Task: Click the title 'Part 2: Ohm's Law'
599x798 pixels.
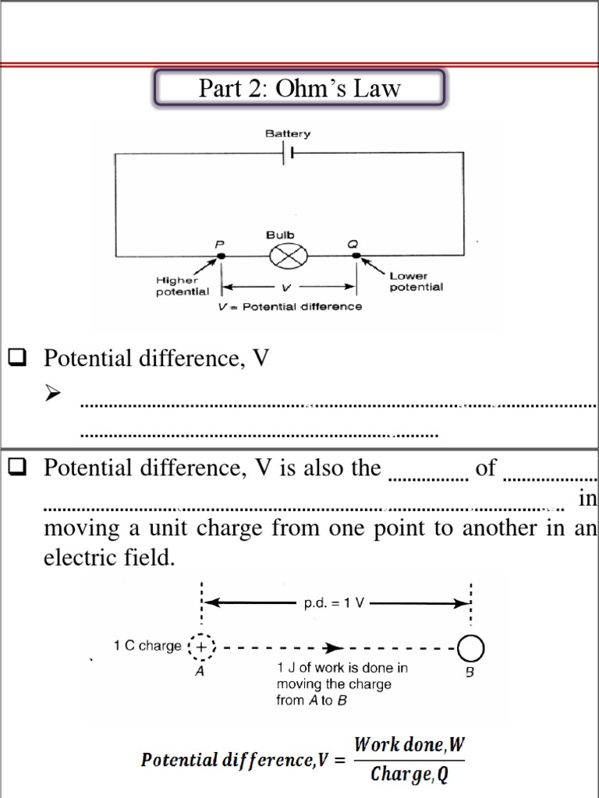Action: pos(299,88)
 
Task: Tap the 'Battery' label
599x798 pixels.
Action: pos(287,133)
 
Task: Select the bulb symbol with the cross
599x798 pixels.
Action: pos(289,255)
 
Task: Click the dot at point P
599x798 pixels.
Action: pos(221,255)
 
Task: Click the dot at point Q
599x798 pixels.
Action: pos(356,255)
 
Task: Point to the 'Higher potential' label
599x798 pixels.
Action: pos(182,286)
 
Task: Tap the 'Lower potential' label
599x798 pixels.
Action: pos(416,281)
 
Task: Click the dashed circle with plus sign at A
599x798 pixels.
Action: pos(202,647)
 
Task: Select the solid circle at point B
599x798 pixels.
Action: pos(470,648)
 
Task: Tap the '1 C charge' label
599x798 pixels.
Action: pos(147,646)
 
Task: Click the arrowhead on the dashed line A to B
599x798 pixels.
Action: pos(335,647)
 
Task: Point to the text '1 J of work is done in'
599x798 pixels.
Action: pos(342,668)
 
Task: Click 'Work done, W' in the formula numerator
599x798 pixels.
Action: pos(409,745)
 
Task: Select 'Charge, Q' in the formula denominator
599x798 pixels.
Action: pos(409,774)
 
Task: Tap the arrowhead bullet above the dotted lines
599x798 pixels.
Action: pos(53,394)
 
